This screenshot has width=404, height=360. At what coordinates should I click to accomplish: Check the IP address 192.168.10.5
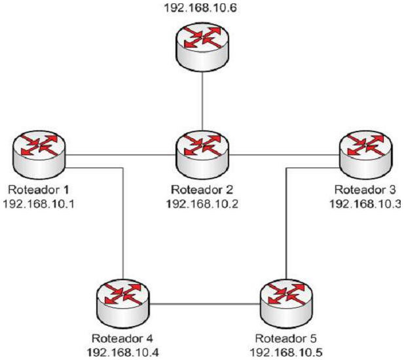pos(285,352)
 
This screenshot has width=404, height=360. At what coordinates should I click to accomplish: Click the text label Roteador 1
pos(39,190)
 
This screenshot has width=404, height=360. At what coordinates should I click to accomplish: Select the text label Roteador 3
pos(364,190)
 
